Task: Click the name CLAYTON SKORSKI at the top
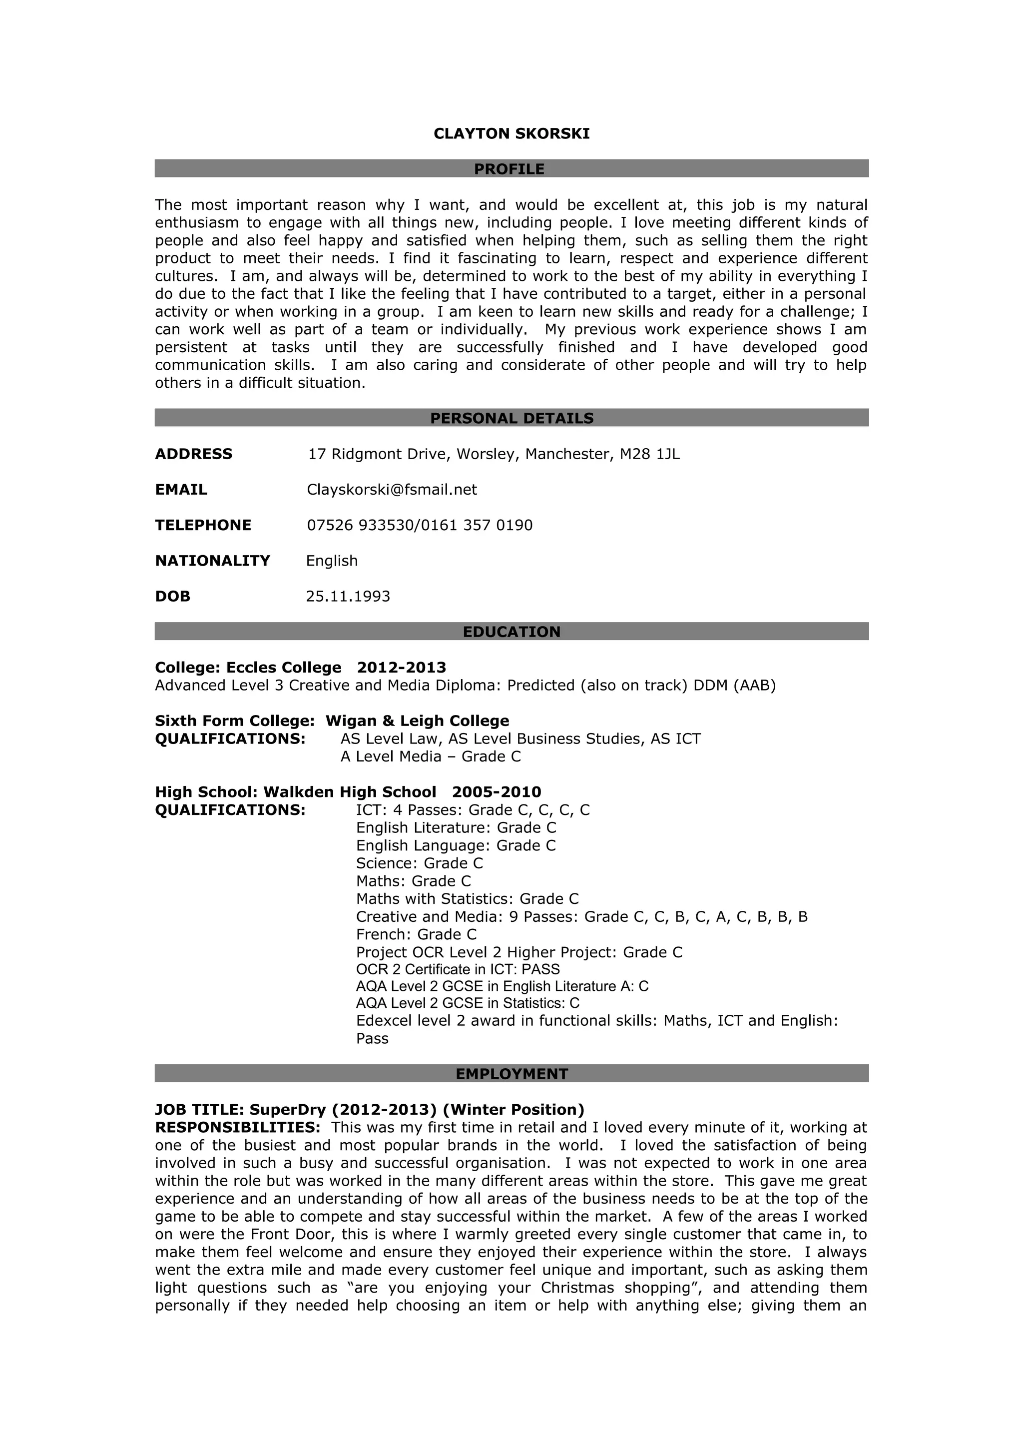(x=511, y=134)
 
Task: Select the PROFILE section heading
(x=510, y=169)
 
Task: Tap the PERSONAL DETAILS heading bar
(x=511, y=418)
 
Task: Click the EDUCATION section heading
(x=511, y=632)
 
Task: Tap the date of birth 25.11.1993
(x=348, y=597)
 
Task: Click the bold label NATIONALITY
(x=212, y=561)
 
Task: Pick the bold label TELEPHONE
(x=203, y=525)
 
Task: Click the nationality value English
(x=332, y=561)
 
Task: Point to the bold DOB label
(x=173, y=597)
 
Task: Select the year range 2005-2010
(x=497, y=792)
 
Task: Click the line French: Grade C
(x=416, y=934)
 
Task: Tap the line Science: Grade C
(x=419, y=863)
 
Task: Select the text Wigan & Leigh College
(x=417, y=721)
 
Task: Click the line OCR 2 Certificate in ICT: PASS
(x=458, y=969)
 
